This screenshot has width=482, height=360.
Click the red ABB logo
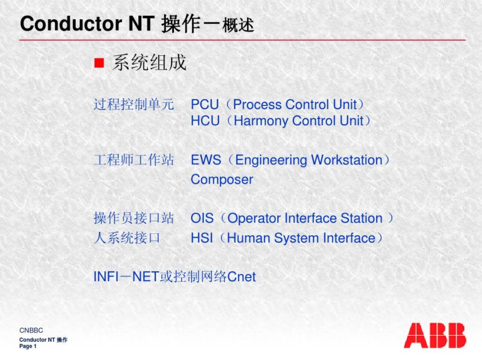[x=435, y=335]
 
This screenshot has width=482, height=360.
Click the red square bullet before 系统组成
[x=99, y=63]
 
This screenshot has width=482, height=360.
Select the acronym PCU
[x=205, y=104]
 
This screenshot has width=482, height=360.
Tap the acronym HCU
[x=205, y=121]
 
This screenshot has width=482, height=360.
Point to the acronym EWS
[x=206, y=160]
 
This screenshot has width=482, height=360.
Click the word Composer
[x=222, y=179]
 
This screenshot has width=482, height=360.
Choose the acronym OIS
[x=202, y=219]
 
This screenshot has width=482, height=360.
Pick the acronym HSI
[x=202, y=238]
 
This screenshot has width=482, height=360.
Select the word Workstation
[x=347, y=160]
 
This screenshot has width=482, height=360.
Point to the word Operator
[x=254, y=219]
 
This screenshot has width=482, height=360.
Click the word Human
[x=249, y=238]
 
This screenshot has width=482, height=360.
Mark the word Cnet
[x=242, y=277]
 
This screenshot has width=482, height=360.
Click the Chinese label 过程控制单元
[x=134, y=104]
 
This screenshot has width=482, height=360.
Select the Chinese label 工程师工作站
[x=134, y=160]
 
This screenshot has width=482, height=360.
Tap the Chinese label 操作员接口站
[x=134, y=219]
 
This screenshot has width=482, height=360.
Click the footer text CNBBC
[x=31, y=330]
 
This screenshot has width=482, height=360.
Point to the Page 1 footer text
[x=28, y=346]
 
